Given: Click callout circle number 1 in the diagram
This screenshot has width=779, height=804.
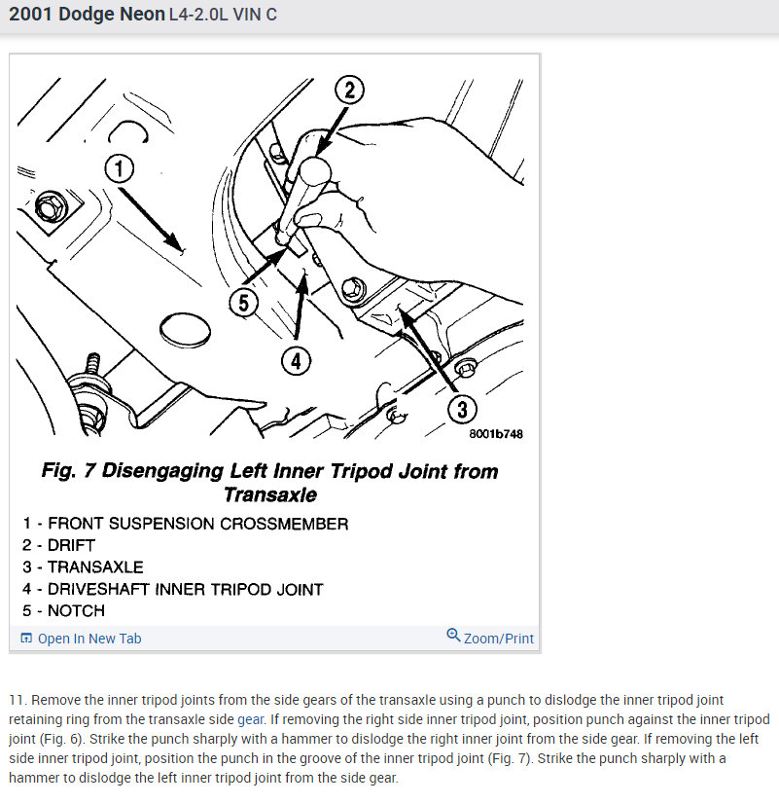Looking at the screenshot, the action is point(120,168).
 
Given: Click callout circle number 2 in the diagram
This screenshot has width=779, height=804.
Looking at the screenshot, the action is point(349,91).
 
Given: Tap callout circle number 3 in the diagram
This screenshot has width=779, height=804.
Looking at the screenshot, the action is point(462,409).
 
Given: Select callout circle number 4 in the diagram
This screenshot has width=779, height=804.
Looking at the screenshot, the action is point(296,361).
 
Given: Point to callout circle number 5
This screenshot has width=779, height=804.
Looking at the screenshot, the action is point(244,303).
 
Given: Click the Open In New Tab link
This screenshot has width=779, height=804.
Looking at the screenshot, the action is point(89,639).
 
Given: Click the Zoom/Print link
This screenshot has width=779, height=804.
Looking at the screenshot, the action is point(498,639).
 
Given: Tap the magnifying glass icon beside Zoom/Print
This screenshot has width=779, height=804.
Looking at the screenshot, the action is point(453,636).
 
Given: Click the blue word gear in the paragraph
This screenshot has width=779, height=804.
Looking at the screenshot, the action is point(250,720).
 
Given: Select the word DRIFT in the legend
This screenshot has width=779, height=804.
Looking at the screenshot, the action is point(71,545).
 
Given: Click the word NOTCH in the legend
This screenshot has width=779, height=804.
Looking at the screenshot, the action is point(76,610).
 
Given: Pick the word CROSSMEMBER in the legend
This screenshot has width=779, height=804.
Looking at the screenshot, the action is point(284,524).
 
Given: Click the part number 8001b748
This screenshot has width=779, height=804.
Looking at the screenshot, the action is point(496,434).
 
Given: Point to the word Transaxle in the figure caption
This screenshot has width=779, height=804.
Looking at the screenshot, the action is point(270,494).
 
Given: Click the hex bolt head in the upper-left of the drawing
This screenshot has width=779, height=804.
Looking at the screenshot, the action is point(50,207).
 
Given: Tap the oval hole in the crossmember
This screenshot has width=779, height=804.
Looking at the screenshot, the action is point(185,330).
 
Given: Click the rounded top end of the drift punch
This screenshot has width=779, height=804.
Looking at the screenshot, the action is point(314,170).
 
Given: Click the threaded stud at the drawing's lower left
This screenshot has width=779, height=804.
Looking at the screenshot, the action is point(93,366).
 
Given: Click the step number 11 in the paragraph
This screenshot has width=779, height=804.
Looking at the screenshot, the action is point(17,701).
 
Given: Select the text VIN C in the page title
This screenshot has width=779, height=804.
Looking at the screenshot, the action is point(255,15).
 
